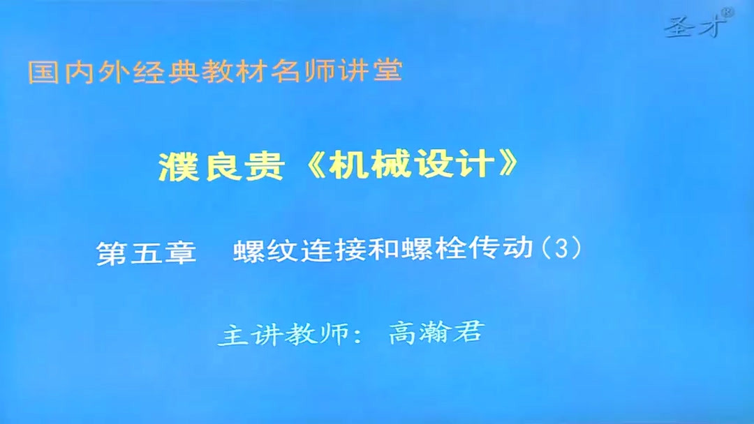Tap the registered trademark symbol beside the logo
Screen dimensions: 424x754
tap(727, 12)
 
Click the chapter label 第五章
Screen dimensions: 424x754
tap(146, 252)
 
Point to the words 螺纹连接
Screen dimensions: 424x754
tap(293, 251)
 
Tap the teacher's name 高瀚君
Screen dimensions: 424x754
tap(435, 333)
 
